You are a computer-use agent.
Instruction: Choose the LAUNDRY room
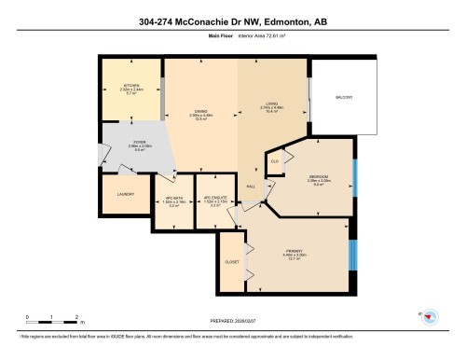pyautogui.click(x=126, y=194)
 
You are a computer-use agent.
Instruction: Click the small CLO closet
pyautogui.click(x=275, y=162)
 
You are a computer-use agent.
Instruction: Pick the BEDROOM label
pyautogui.click(x=320, y=177)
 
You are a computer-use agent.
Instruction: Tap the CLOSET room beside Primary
pyautogui.click(x=232, y=262)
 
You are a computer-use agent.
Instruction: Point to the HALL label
pyautogui.click(x=252, y=186)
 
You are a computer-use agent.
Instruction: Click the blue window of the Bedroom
pyautogui.click(x=355, y=176)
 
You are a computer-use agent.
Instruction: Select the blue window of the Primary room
pyautogui.click(x=350, y=252)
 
